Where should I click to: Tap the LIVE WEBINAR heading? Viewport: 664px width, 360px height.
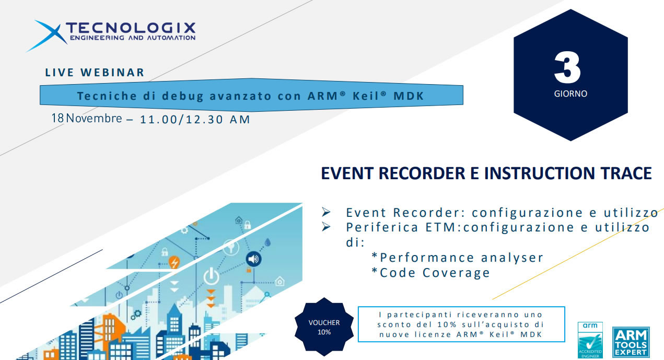[95, 73]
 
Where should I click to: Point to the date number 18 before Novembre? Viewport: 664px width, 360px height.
[57, 118]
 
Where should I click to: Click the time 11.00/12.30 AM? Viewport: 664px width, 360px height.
[195, 120]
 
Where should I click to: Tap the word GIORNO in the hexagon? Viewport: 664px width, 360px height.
[570, 95]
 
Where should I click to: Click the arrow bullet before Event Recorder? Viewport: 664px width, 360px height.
[327, 213]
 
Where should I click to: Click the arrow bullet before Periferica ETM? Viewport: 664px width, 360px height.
[327, 227]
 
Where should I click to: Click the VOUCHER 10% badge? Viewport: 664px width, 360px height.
[323, 327]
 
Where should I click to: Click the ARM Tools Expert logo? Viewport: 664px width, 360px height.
[631, 342]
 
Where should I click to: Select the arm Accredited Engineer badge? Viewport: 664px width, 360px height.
[590, 340]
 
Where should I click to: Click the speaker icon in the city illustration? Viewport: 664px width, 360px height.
[254, 259]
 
